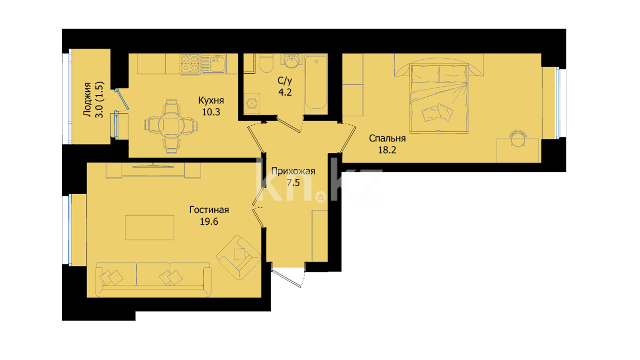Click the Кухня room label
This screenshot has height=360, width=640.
coord(211,100)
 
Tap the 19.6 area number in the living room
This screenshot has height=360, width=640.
coord(209,221)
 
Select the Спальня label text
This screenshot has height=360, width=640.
coord(387,138)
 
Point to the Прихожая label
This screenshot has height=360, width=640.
coord(293,171)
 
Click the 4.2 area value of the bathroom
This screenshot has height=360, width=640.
coord(285,92)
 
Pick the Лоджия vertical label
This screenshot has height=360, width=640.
coord(87,99)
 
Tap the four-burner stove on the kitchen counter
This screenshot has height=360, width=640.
coord(190,63)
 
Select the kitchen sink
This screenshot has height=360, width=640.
coord(213,63)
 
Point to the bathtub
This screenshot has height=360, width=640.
coord(316,82)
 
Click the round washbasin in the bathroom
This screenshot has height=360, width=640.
coord(292,61)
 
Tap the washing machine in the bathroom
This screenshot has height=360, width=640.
coord(252,103)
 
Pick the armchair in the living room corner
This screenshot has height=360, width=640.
coord(238,257)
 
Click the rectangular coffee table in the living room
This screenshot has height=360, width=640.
coord(150,227)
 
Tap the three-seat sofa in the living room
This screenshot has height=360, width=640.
coord(153,279)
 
